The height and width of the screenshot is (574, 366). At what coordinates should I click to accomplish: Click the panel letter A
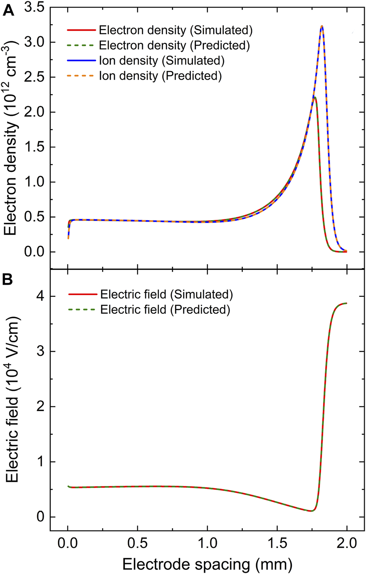point(8,10)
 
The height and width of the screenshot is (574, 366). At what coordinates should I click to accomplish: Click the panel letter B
point(8,280)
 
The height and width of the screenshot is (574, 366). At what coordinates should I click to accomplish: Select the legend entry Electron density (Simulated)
point(176,30)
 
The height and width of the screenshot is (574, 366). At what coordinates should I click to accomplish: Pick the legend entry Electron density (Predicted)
point(174,45)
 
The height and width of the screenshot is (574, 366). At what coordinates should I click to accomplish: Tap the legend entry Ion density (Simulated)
point(162,61)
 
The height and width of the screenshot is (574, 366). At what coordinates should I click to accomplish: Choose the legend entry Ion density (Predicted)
point(160,76)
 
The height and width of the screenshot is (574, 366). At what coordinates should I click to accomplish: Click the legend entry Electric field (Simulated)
point(166,294)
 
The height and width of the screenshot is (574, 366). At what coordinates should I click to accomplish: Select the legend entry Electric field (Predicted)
point(165,310)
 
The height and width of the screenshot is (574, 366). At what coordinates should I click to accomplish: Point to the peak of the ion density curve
point(322,26)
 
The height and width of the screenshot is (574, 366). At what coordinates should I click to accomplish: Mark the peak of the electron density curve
point(315,97)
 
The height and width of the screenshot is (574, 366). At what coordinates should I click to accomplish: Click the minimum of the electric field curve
point(310,511)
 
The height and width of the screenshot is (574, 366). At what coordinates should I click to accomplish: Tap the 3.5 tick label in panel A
point(34,8)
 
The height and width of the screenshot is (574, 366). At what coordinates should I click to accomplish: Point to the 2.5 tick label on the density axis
point(34,77)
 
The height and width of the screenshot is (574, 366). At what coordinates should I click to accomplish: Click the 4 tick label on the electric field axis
point(40,296)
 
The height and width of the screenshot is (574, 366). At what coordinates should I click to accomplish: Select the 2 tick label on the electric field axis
point(40,407)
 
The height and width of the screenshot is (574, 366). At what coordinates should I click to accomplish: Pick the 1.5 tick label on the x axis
point(277,543)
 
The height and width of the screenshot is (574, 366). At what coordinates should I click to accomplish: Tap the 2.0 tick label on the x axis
point(347,543)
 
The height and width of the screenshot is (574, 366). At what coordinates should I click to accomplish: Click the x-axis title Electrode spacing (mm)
point(207,564)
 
